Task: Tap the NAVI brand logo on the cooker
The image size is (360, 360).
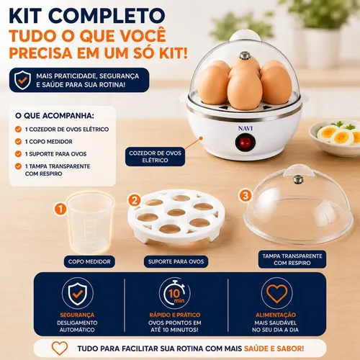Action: (246, 128)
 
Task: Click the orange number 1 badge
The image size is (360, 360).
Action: (60, 209)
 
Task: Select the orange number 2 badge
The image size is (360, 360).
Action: (135, 200)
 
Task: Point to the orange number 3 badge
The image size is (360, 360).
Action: (245, 195)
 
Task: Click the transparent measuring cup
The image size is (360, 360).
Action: (90, 223)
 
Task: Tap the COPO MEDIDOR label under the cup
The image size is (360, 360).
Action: (89, 261)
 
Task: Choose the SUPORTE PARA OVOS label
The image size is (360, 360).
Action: (176, 261)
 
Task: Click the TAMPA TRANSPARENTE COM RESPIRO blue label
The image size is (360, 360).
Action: (292, 259)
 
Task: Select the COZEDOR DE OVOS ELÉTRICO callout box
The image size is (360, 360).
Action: (155, 157)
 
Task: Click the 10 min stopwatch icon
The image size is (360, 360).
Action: (175, 294)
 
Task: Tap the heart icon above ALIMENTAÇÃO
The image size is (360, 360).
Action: (276, 294)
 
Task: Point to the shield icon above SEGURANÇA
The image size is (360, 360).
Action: (77, 294)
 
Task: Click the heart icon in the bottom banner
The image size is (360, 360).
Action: (60, 348)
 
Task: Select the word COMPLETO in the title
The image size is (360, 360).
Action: (108, 16)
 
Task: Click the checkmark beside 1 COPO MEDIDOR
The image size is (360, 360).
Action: (18, 142)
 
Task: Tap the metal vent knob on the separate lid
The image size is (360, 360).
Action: (298, 179)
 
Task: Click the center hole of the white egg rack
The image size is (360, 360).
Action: (176, 212)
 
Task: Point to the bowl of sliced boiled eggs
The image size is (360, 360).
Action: (335, 138)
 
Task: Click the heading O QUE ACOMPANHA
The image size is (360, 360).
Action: (55, 116)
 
